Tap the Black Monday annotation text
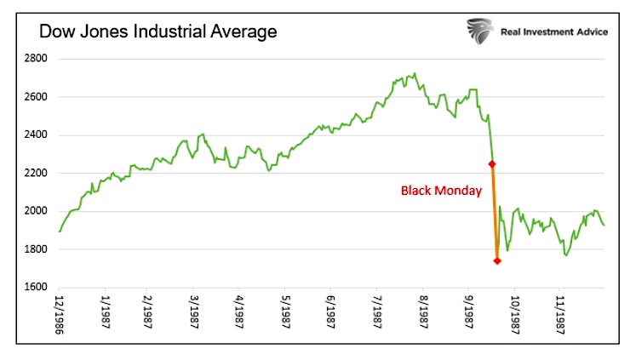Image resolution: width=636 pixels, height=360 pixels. [x=441, y=191]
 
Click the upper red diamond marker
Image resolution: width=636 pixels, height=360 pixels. [x=490, y=164]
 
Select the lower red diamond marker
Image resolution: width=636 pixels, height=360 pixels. [x=496, y=261]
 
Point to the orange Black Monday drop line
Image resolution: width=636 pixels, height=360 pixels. [x=494, y=213]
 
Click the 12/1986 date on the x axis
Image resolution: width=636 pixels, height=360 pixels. [x=60, y=315]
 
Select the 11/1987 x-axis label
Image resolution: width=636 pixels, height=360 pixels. [x=560, y=315]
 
